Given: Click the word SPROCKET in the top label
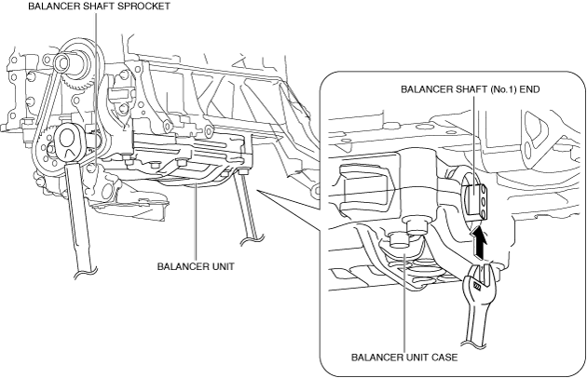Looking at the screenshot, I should (138, 6).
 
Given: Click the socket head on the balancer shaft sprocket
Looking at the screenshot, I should (71, 140).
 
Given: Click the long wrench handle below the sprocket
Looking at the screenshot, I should (79, 223).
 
